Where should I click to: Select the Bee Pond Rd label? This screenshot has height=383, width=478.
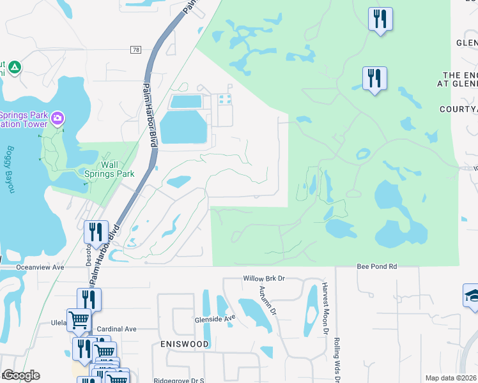[377, 266]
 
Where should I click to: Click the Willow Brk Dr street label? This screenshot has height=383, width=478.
[263, 279]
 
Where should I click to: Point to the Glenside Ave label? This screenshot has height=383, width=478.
[215, 318]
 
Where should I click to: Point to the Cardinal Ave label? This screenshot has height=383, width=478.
[118, 329]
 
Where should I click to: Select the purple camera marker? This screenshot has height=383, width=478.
[58, 118]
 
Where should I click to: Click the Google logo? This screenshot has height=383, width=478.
[20, 375]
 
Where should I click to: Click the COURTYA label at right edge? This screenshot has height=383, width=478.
[458, 109]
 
